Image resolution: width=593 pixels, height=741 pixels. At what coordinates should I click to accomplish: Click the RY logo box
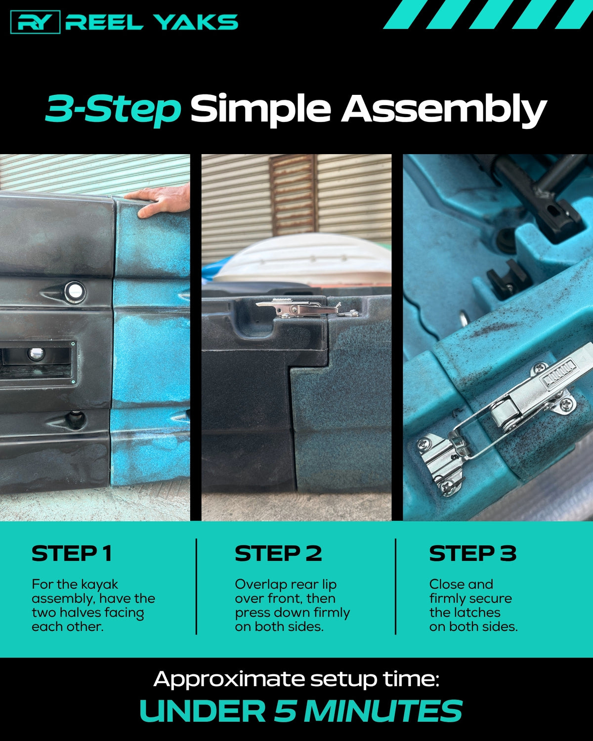(35, 22)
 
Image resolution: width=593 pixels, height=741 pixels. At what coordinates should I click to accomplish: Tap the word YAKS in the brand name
(195, 22)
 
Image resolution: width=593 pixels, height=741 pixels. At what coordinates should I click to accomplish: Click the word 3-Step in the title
(113, 110)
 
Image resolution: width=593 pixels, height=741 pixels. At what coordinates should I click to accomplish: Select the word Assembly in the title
(444, 110)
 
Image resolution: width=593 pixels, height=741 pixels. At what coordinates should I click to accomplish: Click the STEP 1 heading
(72, 554)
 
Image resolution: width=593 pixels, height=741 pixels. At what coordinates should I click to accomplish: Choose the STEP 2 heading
(278, 554)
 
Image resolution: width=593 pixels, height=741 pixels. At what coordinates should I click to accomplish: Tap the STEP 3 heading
(473, 554)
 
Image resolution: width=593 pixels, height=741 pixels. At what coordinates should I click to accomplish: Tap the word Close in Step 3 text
(444, 584)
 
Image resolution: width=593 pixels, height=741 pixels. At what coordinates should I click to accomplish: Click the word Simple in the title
(260, 110)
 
